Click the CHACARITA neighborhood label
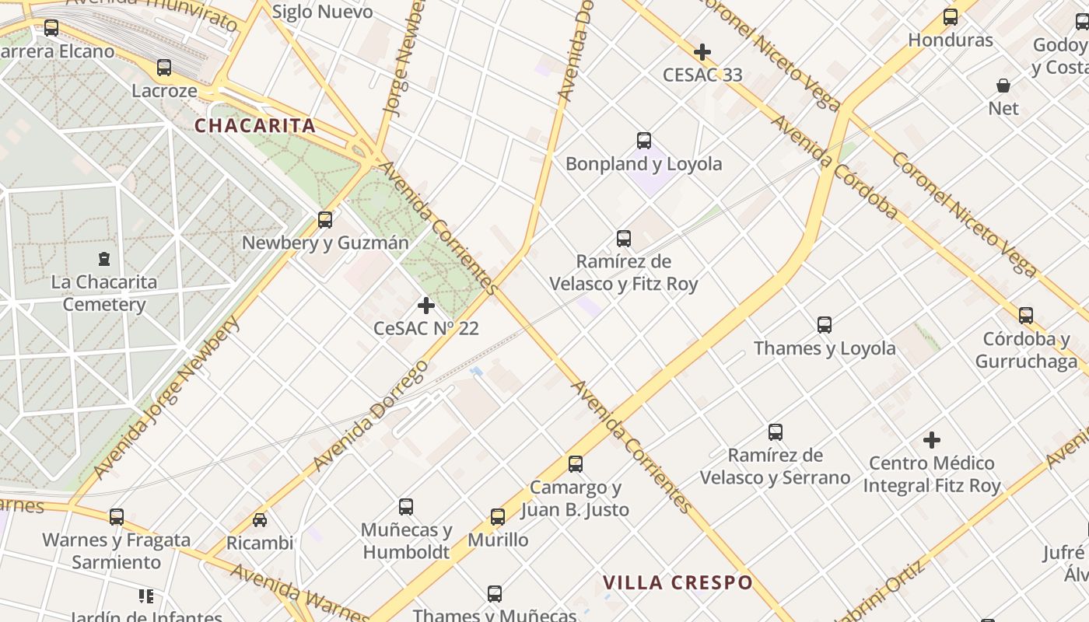pyautogui.click(x=255, y=126)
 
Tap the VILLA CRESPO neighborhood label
pyautogui.click(x=678, y=582)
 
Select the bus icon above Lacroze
pyautogui.click(x=164, y=68)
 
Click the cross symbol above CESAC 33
pyautogui.click(x=702, y=52)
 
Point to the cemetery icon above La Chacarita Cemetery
pyautogui.click(x=104, y=258)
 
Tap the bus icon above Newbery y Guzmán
pyautogui.click(x=325, y=220)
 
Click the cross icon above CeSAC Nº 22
pyautogui.click(x=426, y=306)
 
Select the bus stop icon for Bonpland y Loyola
pyautogui.click(x=644, y=141)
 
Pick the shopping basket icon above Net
pyautogui.click(x=1003, y=86)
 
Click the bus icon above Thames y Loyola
pyautogui.click(x=825, y=325)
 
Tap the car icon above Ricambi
pyautogui.click(x=260, y=519)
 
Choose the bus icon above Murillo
pyautogui.click(x=498, y=517)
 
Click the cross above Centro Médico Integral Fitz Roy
pyautogui.click(x=932, y=440)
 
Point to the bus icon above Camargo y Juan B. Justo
pyautogui.click(x=576, y=464)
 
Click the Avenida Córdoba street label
pyautogui.click(x=834, y=167)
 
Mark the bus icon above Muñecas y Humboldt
pyautogui.click(x=406, y=507)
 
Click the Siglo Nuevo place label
pyautogui.click(x=323, y=12)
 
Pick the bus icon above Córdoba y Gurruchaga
pyautogui.click(x=1026, y=315)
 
